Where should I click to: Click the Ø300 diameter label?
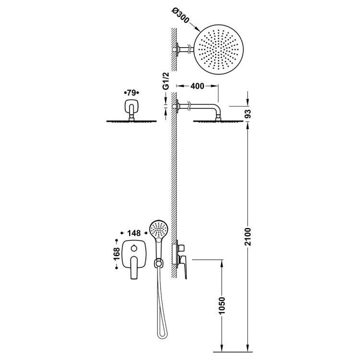point(180,16)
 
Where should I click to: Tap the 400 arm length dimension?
point(197,86)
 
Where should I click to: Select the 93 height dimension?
point(248,114)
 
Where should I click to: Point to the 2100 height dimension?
point(248,237)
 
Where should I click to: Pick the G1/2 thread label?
point(166,81)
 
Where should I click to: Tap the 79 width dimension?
point(132,93)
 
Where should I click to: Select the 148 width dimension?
point(134,233)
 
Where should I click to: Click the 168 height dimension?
point(117,254)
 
